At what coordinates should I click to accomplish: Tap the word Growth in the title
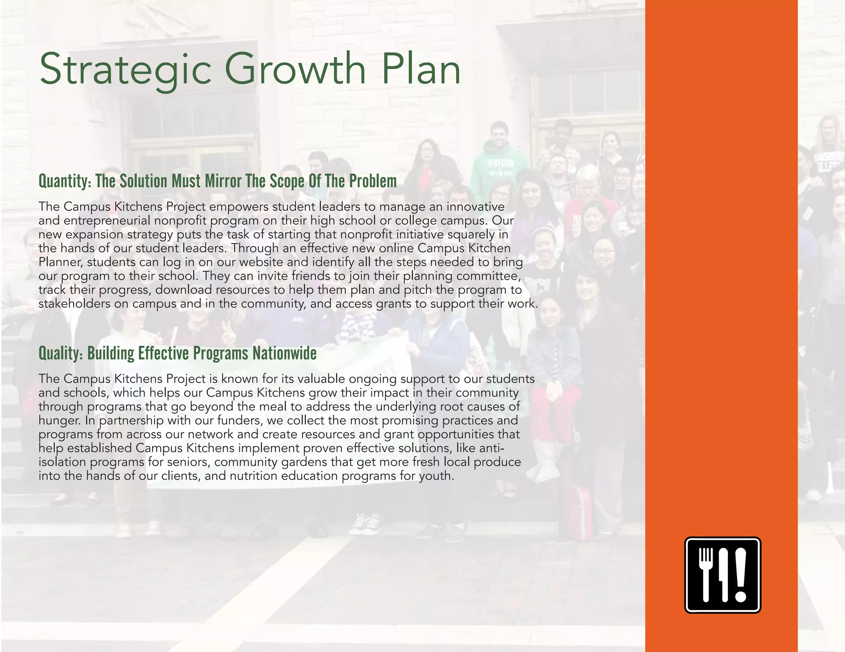click(x=295, y=68)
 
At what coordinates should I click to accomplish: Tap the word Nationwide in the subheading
click(x=284, y=353)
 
